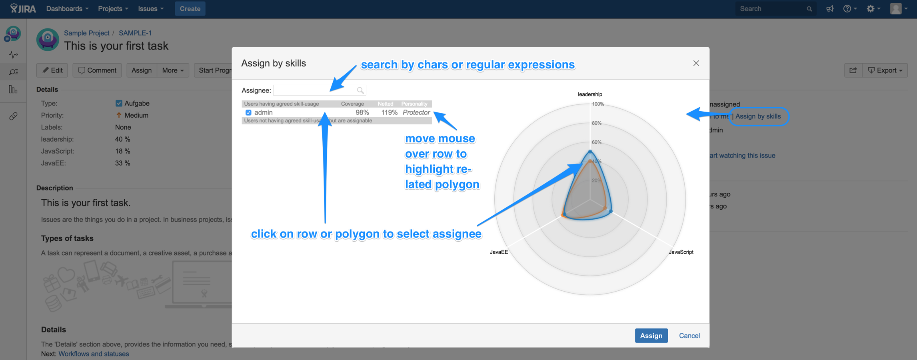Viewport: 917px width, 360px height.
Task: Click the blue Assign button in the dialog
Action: coord(651,336)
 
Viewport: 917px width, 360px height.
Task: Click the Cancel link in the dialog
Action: coord(689,336)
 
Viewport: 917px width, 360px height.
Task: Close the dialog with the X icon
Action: coord(696,63)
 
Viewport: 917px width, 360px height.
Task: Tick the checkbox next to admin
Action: coord(248,113)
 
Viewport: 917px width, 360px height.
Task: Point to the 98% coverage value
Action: coord(362,113)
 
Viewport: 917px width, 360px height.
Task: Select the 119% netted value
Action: coord(389,113)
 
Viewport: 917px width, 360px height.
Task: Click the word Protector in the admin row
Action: coord(416,113)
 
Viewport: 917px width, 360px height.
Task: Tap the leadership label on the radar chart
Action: coord(589,94)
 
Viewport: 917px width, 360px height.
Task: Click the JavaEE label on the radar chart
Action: coord(499,252)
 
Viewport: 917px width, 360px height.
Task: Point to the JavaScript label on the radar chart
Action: coord(681,252)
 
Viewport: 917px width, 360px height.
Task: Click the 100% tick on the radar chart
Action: coord(598,104)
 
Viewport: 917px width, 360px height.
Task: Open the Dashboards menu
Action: coord(67,8)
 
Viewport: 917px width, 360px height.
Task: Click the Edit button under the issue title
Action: coord(52,70)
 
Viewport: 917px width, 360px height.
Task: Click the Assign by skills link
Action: coord(758,116)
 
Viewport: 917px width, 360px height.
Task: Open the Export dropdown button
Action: coord(885,70)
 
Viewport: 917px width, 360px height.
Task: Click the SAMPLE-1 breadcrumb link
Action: coord(135,33)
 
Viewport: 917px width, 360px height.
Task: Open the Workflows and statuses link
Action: coord(94,354)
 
